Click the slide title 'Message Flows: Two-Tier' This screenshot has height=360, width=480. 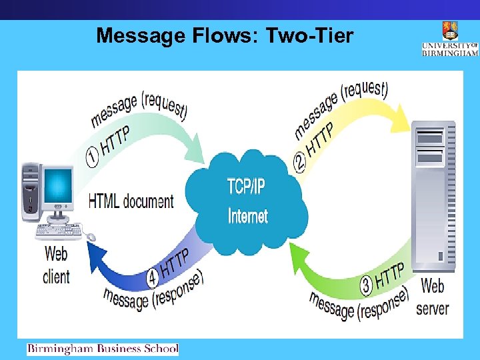click(x=224, y=35)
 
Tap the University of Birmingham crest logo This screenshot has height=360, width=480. click(x=449, y=31)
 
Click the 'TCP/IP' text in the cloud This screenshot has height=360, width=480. click(x=246, y=186)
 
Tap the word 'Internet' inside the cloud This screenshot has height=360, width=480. click(x=247, y=216)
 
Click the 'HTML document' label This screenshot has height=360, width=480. click(x=131, y=200)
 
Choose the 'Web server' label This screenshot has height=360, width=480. click(x=433, y=297)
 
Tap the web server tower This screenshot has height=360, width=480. click(x=433, y=197)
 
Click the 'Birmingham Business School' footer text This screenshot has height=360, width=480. click(x=103, y=348)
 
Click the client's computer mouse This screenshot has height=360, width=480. click(x=90, y=237)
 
